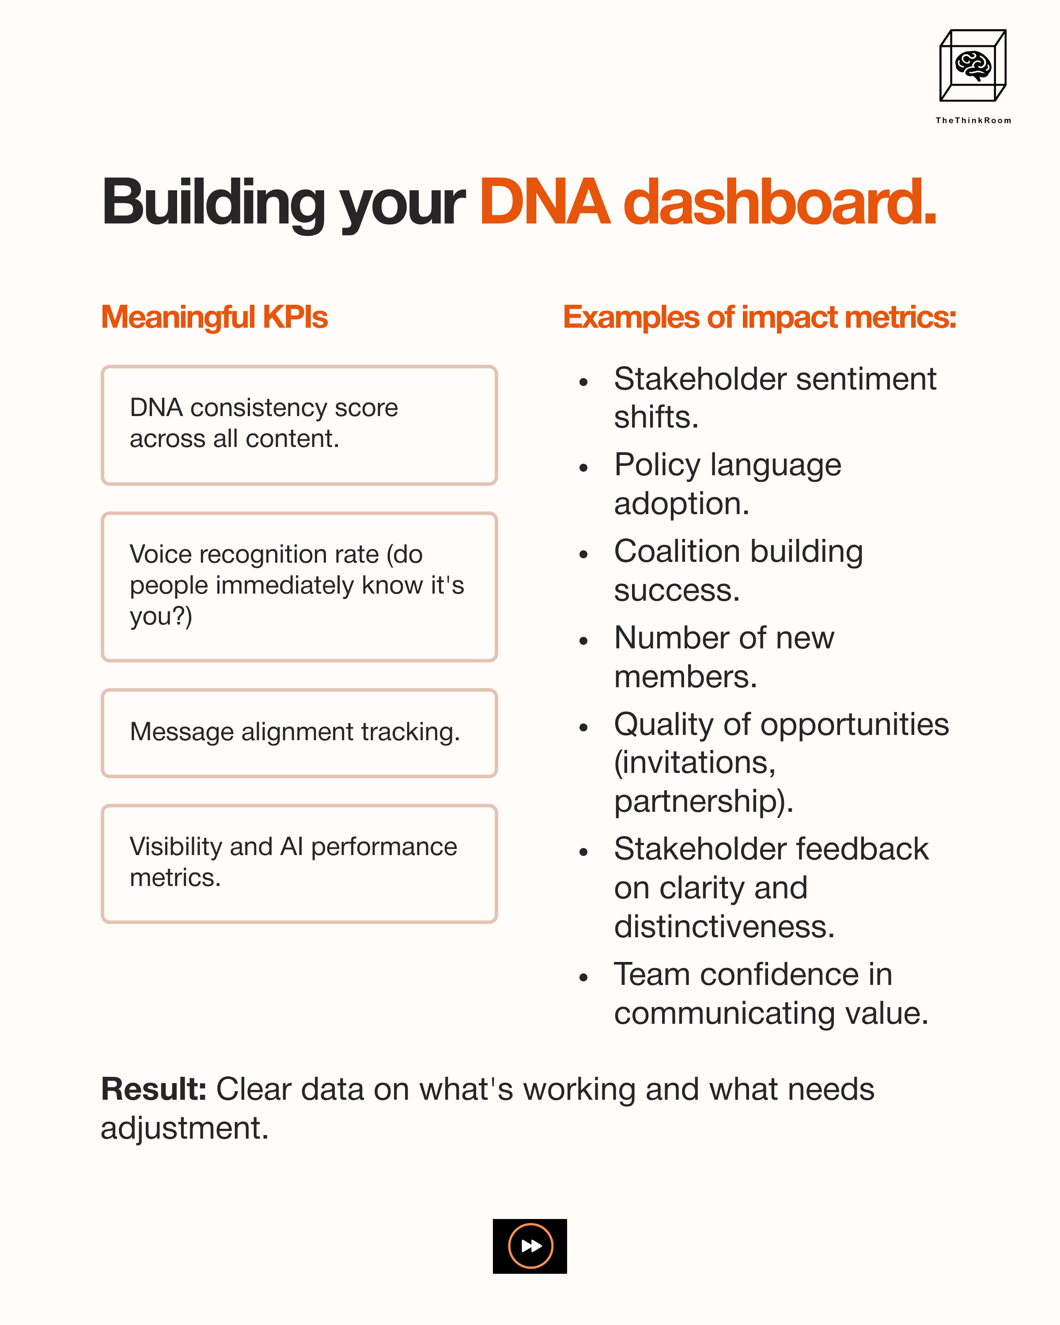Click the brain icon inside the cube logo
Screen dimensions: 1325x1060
click(973, 65)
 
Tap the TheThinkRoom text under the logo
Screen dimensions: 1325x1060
click(973, 121)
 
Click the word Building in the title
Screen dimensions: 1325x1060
click(212, 203)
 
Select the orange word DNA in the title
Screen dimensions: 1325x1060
click(544, 203)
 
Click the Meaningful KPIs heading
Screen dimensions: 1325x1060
click(214, 317)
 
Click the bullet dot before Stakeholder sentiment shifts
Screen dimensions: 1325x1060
click(583, 382)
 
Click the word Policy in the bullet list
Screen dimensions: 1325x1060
click(656, 465)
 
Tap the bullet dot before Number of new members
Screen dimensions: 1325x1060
click(583, 641)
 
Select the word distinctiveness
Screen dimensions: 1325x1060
click(724, 927)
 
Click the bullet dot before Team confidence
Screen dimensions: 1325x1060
click(583, 977)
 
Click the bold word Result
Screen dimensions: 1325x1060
click(153, 1090)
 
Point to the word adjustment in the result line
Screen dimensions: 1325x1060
click(184, 1128)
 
